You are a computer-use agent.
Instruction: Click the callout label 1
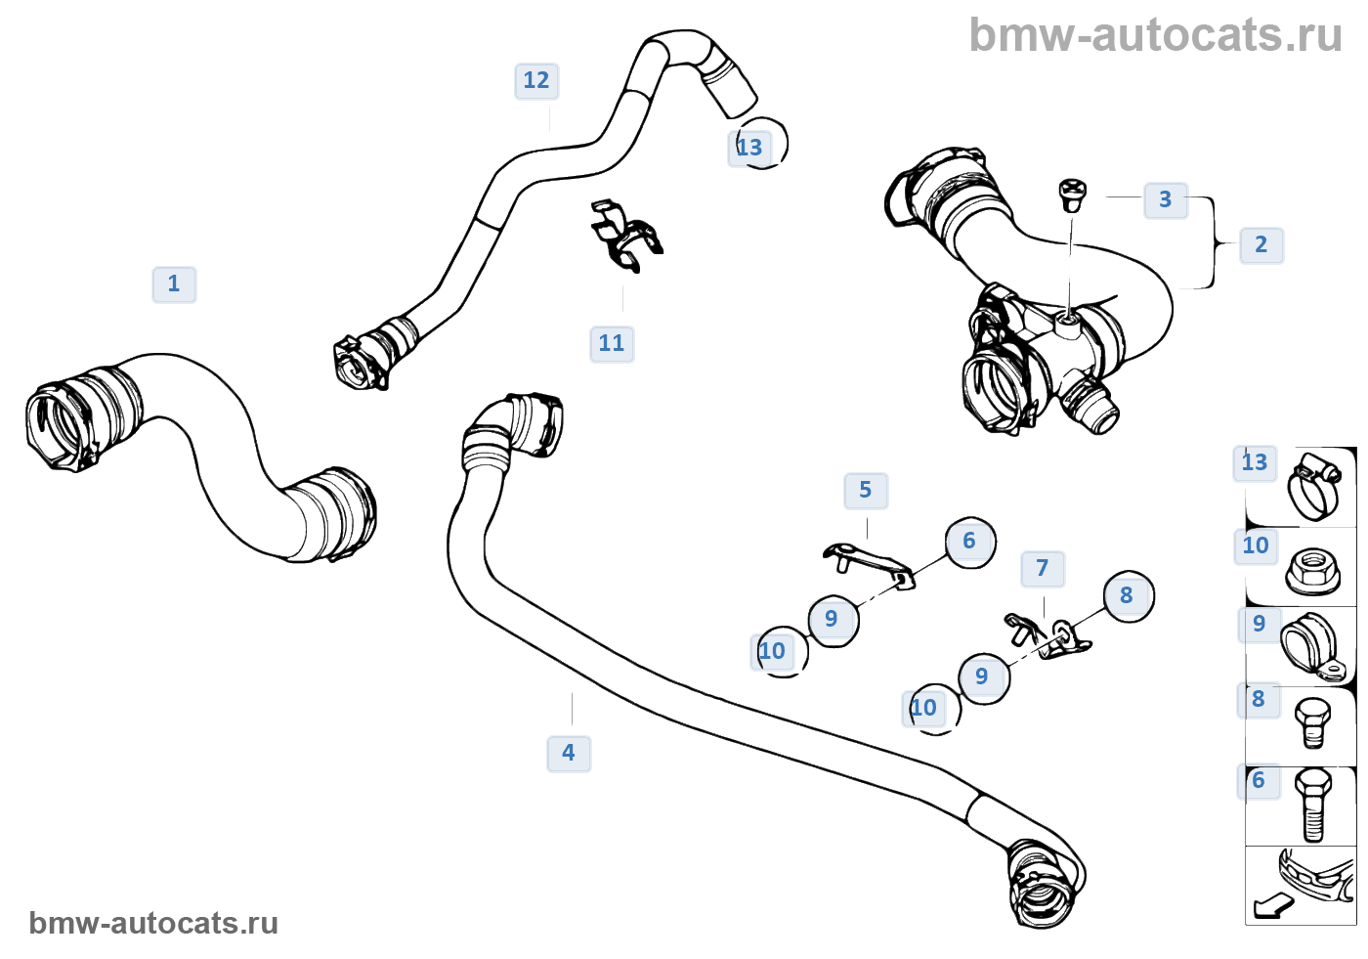coord(174,284)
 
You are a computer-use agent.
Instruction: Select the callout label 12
coord(536,80)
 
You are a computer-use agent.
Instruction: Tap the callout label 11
coord(612,343)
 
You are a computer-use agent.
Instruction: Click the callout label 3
coord(1165,199)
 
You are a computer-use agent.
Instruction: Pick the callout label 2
coord(1261,245)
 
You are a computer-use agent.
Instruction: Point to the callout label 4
coord(569,753)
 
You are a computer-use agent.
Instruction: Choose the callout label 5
coord(866,491)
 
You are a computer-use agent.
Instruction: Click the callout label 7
coord(1043,569)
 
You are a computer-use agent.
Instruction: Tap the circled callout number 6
coord(970,543)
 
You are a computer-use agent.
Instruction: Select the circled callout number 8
coord(1129,596)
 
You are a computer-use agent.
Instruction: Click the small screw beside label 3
coord(1071,195)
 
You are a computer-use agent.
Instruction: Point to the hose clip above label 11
coord(626,236)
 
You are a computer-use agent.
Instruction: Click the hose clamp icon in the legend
coord(1314,486)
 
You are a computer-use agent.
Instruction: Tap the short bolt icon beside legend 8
coord(1312,723)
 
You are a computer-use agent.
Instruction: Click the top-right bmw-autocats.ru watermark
coord(1155,35)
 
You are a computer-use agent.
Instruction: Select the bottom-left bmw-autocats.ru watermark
coord(153,923)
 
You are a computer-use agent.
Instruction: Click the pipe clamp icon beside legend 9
coord(1313,646)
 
